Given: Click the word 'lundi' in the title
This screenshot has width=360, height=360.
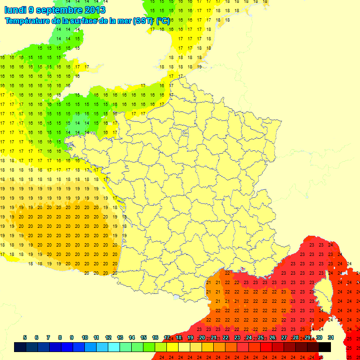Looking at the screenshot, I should [x=15, y=10].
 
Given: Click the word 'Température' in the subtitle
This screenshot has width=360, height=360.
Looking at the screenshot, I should [x=29, y=21].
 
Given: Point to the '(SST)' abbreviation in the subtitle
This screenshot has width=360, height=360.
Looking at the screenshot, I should [x=142, y=21].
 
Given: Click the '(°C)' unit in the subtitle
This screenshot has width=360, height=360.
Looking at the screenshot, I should [x=163, y=21].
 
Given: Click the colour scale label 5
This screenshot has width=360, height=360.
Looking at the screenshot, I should [x=24, y=337].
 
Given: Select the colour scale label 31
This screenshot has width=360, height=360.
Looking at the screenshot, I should [x=330, y=337].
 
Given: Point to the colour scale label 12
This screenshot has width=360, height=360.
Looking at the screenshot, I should [x=108, y=337].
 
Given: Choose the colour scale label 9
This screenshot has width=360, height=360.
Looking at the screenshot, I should [x=72, y=337].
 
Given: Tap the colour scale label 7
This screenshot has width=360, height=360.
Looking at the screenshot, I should [x=48, y=337].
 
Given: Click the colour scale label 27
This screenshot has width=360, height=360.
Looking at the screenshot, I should [x=284, y=337].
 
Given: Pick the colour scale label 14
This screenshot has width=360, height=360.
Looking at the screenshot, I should [x=132, y=337].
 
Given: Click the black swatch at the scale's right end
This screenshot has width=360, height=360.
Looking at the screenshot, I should [x=324, y=347].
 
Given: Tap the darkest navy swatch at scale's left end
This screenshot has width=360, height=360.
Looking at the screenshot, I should [x=20, y=347].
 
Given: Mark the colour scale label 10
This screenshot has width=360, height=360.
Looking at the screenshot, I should [x=85, y=337].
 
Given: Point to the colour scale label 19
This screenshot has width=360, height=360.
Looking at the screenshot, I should [x=190, y=337].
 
